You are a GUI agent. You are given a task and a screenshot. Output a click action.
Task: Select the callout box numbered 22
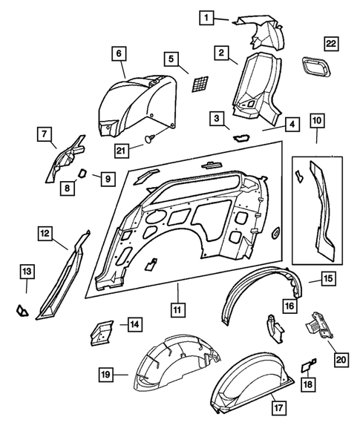click(x=331, y=44)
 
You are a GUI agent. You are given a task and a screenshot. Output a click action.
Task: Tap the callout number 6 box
click(x=119, y=53)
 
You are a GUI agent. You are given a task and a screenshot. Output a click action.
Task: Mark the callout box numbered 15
click(x=327, y=279)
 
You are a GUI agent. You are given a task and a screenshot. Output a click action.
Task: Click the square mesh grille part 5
click(x=198, y=83)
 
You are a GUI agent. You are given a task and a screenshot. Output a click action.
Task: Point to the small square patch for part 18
click(x=307, y=366)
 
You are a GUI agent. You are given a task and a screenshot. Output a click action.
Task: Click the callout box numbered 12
click(x=46, y=234)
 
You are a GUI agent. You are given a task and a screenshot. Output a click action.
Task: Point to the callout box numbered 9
click(x=107, y=178)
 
